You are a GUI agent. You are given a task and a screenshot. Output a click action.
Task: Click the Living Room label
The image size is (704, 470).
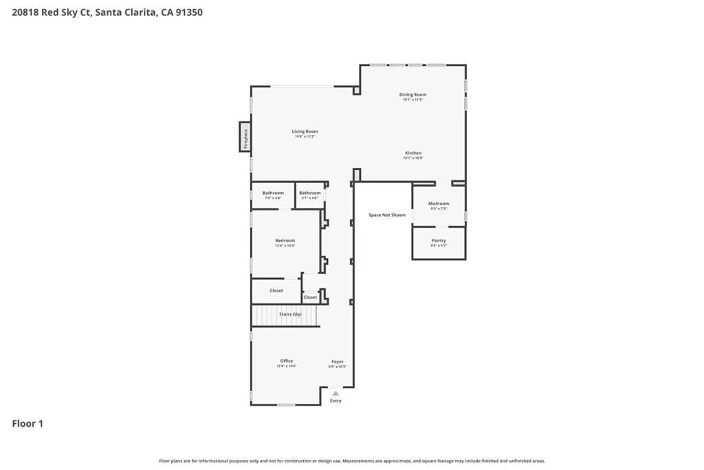(305, 131)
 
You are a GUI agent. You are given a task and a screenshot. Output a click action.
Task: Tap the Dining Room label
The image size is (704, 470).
(412, 94)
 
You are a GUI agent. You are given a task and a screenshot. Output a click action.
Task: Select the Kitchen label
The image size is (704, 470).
(412, 153)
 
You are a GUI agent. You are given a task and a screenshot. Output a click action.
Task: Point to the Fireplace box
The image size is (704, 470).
(244, 136)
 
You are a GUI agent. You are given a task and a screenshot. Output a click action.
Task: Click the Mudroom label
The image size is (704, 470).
(439, 204)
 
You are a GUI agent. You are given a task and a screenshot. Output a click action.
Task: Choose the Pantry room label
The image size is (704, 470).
(439, 241)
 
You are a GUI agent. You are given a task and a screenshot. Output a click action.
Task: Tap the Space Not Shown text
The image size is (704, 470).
(386, 215)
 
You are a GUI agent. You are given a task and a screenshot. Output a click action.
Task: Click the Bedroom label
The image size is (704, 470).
(285, 241)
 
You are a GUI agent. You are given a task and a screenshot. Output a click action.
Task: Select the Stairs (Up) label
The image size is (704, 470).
(290, 314)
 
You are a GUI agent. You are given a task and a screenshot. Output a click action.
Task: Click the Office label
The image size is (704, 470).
(286, 361)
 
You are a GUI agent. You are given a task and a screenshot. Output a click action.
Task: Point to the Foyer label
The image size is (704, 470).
(338, 361)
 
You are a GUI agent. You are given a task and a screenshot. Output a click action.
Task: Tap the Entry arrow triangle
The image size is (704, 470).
(335, 393)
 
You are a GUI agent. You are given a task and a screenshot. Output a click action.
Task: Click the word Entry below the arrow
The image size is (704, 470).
(335, 400)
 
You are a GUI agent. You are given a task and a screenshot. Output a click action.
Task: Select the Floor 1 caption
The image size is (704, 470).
(27, 424)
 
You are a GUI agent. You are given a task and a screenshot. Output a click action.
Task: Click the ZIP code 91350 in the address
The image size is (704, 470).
(188, 12)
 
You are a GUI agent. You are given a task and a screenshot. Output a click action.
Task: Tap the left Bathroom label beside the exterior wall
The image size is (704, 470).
(273, 193)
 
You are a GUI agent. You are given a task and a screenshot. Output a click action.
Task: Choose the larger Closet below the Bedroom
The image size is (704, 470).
(276, 290)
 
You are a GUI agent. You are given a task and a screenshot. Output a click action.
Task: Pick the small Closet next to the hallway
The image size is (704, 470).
(310, 297)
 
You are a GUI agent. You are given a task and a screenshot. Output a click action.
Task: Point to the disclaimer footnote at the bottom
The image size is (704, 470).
(352, 461)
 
